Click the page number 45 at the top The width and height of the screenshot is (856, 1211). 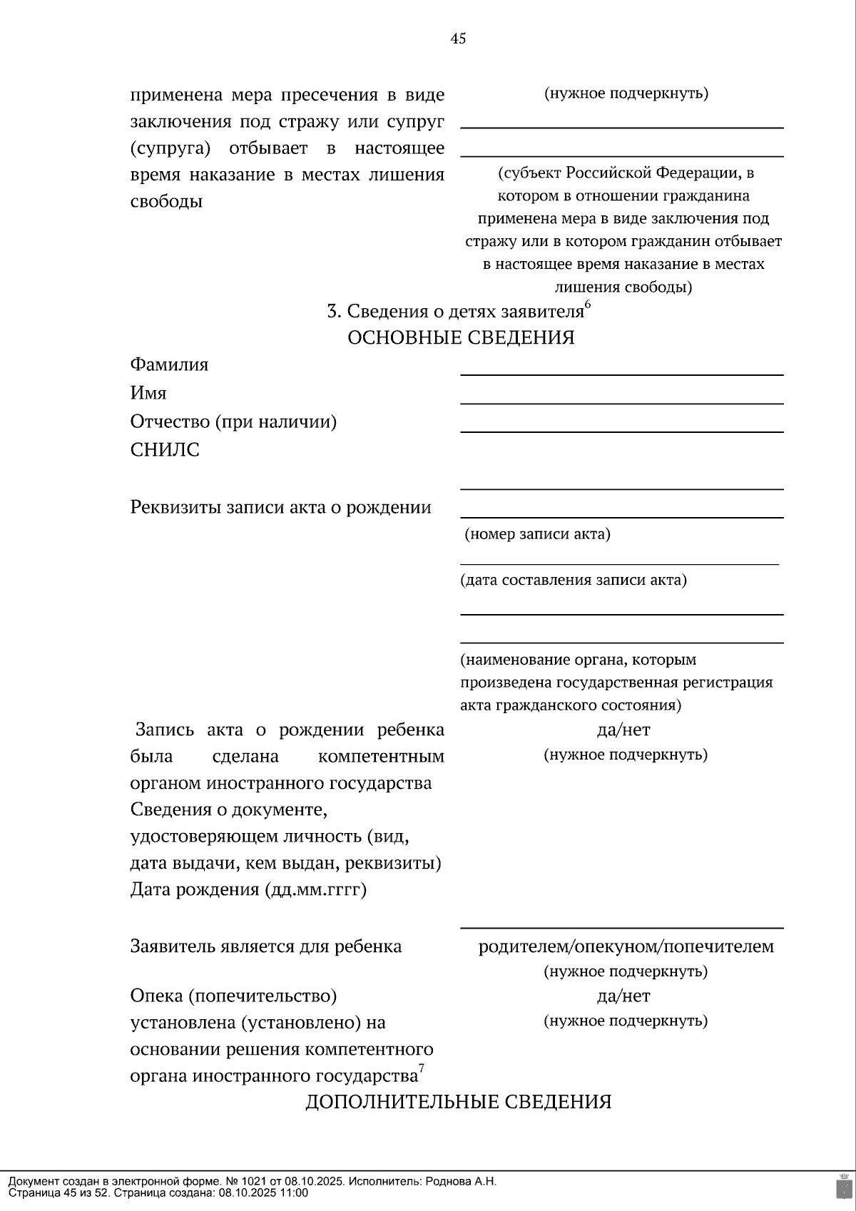[x=458, y=39]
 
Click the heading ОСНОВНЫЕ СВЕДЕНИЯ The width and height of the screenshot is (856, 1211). [x=461, y=337]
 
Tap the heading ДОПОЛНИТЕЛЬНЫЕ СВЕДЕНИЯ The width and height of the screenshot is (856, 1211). [x=459, y=1102]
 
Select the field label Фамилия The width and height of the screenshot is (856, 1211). [x=169, y=364]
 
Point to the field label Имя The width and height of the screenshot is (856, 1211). [x=148, y=393]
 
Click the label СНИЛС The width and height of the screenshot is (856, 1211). [x=165, y=450]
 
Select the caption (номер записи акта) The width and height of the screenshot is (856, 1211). [x=537, y=534]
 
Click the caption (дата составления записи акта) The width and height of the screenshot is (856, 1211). [x=574, y=580]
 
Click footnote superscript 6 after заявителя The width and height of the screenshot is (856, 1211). [x=588, y=305]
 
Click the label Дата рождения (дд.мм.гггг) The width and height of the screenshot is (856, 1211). [x=248, y=890]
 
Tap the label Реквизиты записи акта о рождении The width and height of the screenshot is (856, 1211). [x=280, y=507]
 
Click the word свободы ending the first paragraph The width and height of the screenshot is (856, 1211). [x=166, y=201]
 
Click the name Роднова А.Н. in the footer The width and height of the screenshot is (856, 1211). [x=461, y=1181]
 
